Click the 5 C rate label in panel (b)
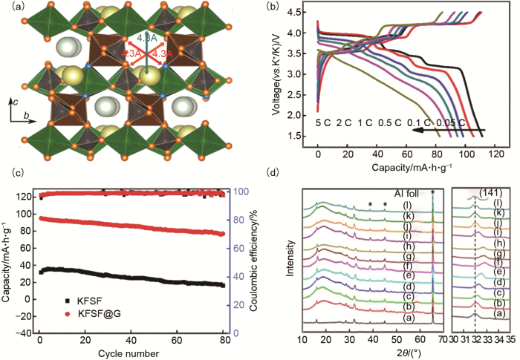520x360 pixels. point(325,120)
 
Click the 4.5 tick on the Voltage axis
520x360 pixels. point(305,13)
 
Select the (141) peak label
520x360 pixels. point(486,193)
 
